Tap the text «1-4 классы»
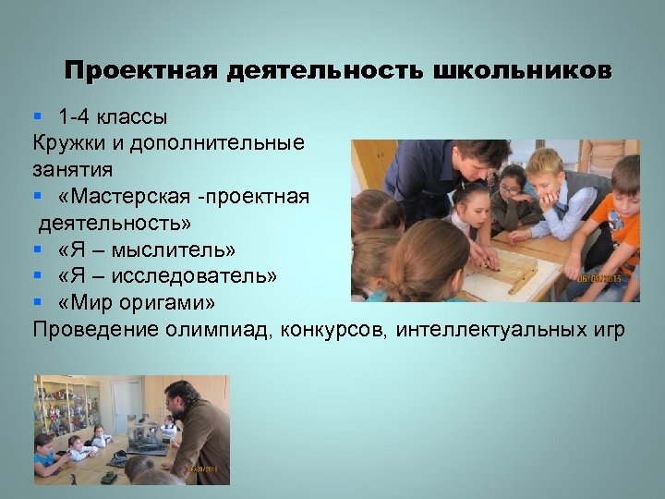(113, 117)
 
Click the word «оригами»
(181, 303)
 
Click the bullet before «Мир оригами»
(37, 303)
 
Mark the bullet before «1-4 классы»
(37, 117)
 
